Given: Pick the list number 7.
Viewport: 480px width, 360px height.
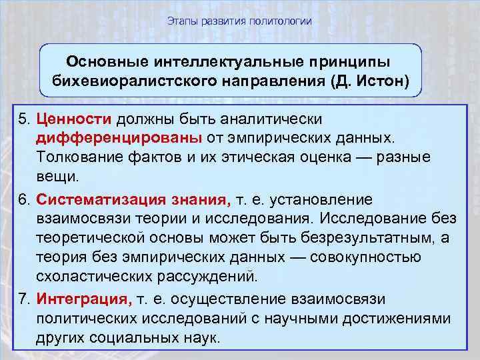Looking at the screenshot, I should click(24, 299).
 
